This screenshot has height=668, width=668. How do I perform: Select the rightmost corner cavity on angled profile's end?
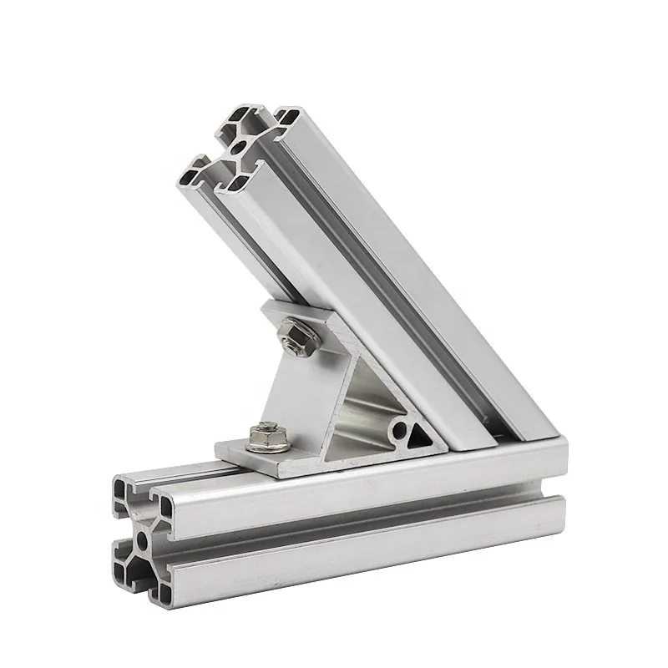[288, 118]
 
